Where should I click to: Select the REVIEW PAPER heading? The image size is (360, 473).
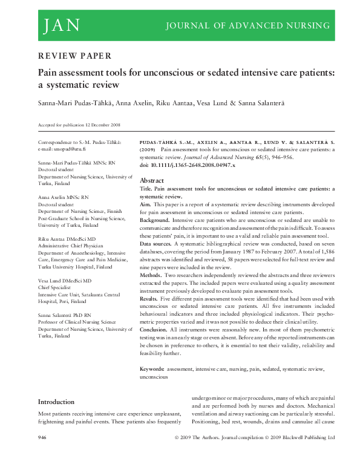click(x=74, y=56)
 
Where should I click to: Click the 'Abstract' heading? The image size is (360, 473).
click(x=151, y=181)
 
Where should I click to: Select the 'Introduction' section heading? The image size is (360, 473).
click(x=56, y=402)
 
